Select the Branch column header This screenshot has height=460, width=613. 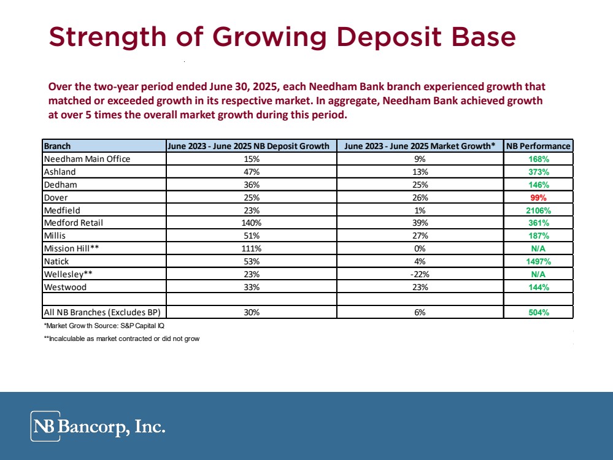click(x=57, y=146)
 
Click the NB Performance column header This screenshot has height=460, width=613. click(x=538, y=146)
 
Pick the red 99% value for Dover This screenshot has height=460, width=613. click(x=538, y=197)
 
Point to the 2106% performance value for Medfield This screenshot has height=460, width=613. click(x=538, y=210)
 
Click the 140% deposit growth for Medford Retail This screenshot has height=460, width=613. click(x=251, y=223)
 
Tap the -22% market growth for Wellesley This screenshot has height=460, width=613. click(x=420, y=274)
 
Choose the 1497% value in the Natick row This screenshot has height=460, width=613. click(x=538, y=261)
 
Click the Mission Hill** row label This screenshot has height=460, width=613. click(x=67, y=248)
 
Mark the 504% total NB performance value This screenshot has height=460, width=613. click(x=538, y=312)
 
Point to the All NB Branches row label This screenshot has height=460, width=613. click(x=102, y=312)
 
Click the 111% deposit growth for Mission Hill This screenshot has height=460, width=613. click(x=251, y=248)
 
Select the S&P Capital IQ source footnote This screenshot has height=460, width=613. click(x=103, y=325)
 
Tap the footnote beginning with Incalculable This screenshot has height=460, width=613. click(x=121, y=339)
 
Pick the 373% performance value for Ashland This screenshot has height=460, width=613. click(x=538, y=172)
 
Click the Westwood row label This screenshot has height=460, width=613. click(x=65, y=286)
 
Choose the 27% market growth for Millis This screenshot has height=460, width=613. click(x=420, y=236)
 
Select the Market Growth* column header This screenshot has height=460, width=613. click(x=420, y=146)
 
